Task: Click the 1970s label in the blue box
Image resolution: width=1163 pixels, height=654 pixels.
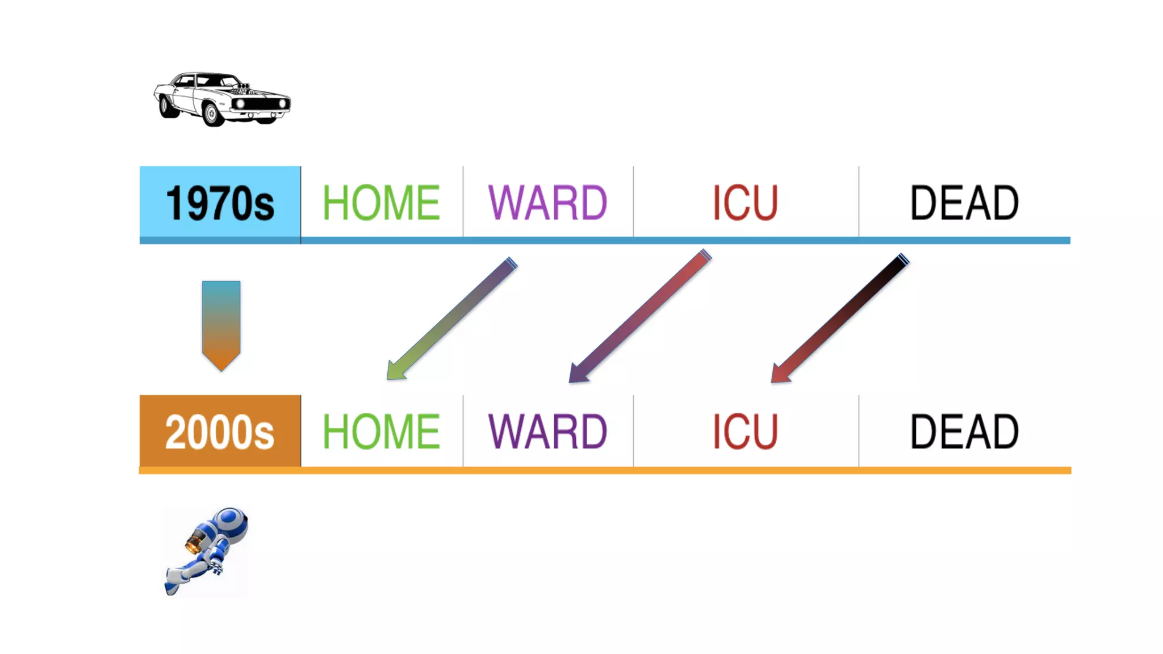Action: tap(220, 203)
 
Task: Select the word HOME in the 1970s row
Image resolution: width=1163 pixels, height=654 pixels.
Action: tap(381, 203)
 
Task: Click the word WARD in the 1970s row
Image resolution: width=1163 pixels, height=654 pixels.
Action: tap(547, 203)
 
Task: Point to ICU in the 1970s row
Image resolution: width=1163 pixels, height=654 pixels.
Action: tap(745, 203)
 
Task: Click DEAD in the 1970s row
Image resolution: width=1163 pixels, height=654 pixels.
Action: tap(964, 203)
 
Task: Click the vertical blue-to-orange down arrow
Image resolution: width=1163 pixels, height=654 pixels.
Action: tap(221, 324)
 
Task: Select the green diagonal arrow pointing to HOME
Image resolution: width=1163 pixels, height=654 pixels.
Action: tap(452, 318)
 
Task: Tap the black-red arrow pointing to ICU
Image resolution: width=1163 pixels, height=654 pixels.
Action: tap(840, 318)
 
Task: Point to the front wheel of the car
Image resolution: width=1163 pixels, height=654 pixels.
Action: tap(212, 114)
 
